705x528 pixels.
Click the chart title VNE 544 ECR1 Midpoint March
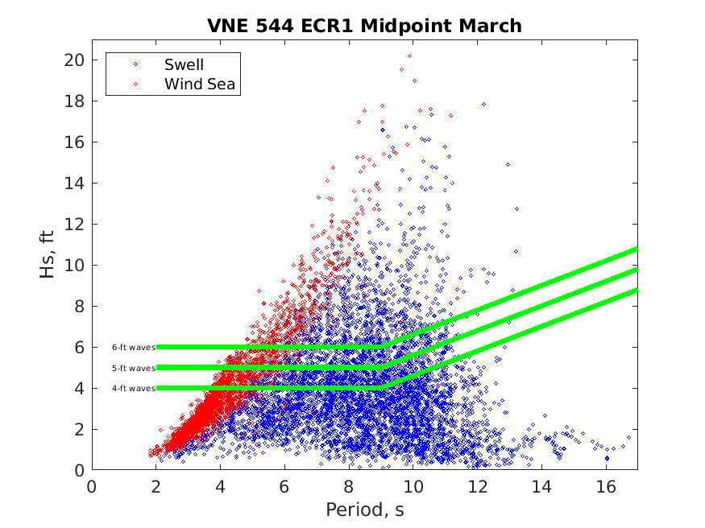pyautogui.click(x=364, y=26)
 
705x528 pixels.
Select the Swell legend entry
pyautogui.click(x=184, y=64)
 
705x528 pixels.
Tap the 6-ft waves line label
pyautogui.click(x=133, y=347)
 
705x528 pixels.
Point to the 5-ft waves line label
pyautogui.click(x=133, y=368)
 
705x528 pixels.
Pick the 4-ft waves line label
pyautogui.click(x=133, y=388)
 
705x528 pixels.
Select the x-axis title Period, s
pyautogui.click(x=364, y=509)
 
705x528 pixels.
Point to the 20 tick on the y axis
pyautogui.click(x=75, y=60)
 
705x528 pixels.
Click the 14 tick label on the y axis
pyautogui.click(x=75, y=184)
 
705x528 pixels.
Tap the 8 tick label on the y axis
pyautogui.click(x=79, y=307)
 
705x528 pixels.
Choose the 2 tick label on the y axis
pyautogui.click(x=79, y=430)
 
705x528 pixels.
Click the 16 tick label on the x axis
pyautogui.click(x=605, y=486)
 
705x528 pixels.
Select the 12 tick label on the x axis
pyautogui.click(x=477, y=486)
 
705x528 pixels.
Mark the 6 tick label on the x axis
pyautogui.click(x=284, y=486)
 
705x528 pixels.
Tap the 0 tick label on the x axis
pyautogui.click(x=92, y=486)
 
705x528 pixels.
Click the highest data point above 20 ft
pyautogui.click(x=409, y=56)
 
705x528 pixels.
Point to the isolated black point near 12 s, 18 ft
pyautogui.click(x=483, y=104)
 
